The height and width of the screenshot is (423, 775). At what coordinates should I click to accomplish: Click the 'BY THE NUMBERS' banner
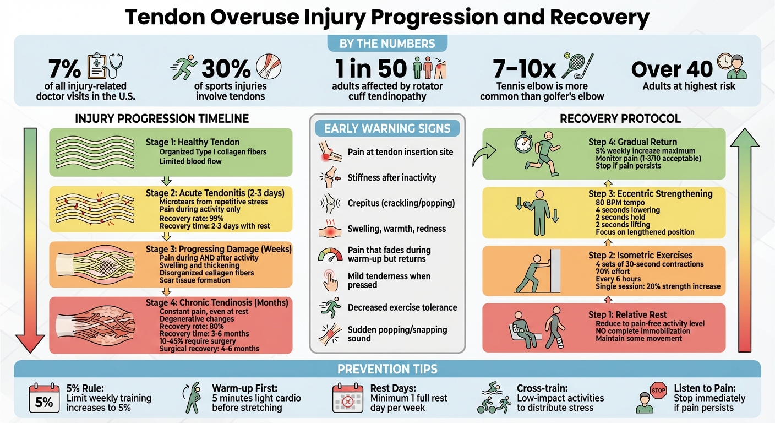pos(387,44)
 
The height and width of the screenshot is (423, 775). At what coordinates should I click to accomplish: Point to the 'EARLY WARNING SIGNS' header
pos(387,129)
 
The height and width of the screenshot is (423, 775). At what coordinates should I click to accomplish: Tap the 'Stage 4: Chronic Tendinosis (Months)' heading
pos(216,302)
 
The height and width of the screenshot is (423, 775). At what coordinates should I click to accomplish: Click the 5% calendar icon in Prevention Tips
pos(43,398)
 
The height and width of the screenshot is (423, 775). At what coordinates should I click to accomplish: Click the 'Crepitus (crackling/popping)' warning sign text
pos(401,203)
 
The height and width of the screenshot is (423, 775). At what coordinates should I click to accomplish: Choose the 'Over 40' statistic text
pos(672,69)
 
